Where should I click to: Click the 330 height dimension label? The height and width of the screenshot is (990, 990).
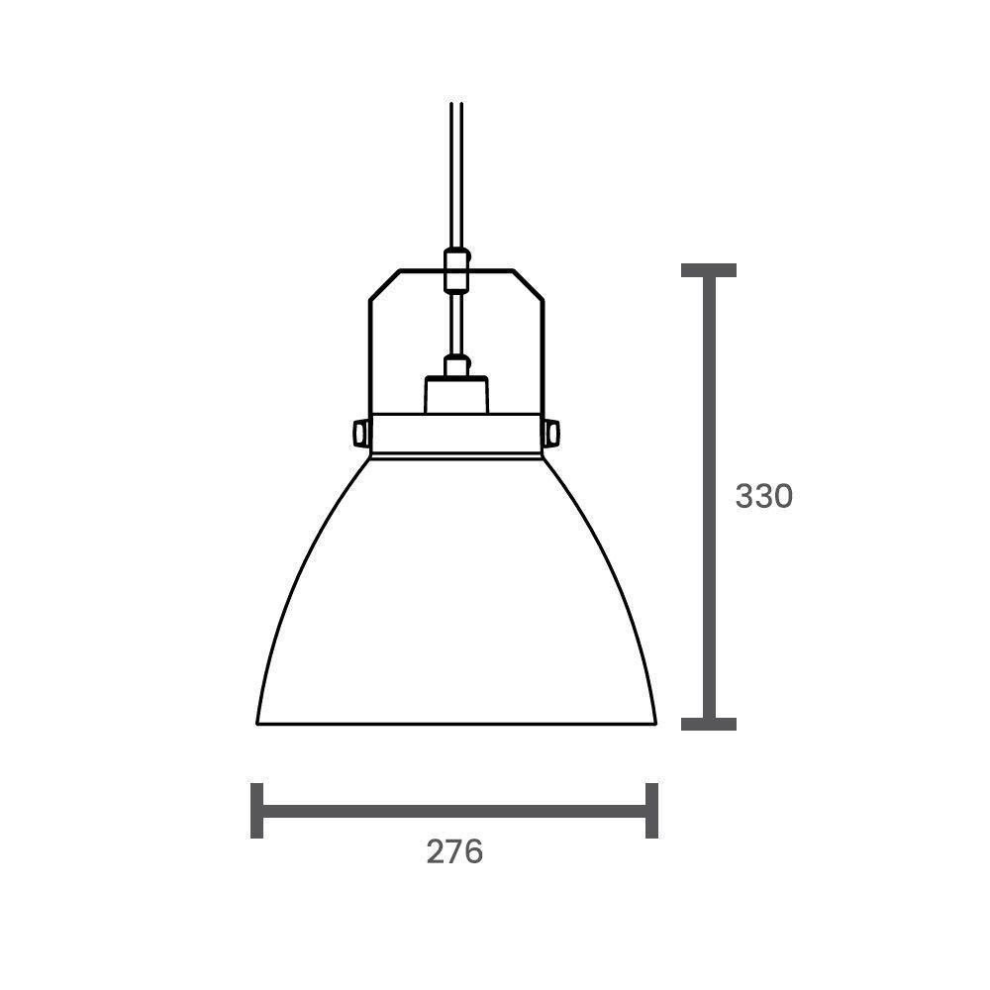pos(763,496)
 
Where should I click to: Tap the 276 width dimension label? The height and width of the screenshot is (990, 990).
pos(454,851)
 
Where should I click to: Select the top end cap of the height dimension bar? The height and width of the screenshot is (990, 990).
pos(709,270)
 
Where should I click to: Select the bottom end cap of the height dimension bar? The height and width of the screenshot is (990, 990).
pos(709,724)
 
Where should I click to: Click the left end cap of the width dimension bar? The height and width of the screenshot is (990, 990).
pos(257,810)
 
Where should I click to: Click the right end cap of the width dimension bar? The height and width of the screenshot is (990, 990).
pos(651,810)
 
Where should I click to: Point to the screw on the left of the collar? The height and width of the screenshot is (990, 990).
pos(361,433)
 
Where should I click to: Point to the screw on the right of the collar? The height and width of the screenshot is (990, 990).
pos(551,433)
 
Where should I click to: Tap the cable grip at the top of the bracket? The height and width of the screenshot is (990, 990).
pos(455,270)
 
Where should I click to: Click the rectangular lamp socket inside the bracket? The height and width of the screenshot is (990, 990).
pos(455,394)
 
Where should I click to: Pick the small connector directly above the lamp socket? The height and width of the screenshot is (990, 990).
pos(455,366)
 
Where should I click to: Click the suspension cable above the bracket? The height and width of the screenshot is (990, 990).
pos(455,178)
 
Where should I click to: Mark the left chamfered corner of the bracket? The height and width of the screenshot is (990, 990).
pos(383,284)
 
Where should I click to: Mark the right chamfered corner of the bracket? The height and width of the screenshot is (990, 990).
pos(529,284)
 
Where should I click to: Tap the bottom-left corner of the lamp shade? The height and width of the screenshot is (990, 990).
pos(258,723)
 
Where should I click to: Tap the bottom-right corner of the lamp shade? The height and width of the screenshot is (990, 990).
pos(654,723)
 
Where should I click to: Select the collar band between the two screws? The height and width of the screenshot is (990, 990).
pos(455,434)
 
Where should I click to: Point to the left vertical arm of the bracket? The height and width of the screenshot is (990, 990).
pos(370,356)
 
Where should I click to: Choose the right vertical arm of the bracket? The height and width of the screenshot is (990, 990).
pos(543,356)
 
